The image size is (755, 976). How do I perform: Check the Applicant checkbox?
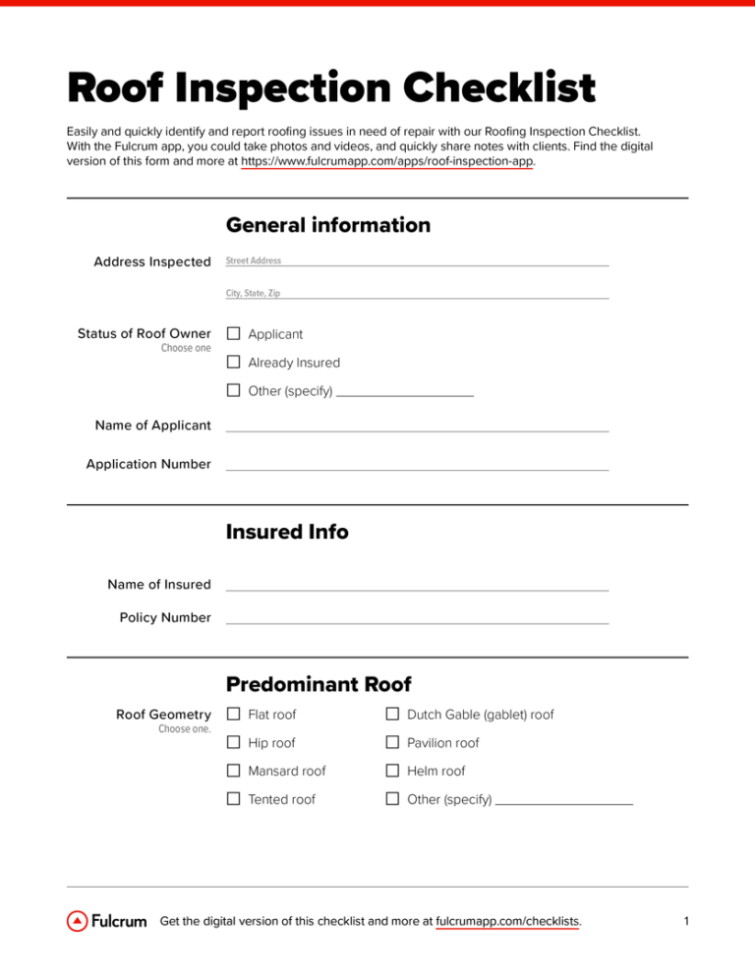coord(234,334)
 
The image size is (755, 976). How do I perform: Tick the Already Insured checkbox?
coord(234,363)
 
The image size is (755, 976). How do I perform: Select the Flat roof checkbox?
coord(234,715)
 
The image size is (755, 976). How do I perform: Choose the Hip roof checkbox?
coord(234,743)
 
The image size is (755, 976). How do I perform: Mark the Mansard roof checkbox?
coord(234,772)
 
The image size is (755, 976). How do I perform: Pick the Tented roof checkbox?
coord(234,799)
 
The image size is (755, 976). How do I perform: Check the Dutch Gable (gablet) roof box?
coord(391,715)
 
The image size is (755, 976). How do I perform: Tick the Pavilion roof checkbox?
coord(391,743)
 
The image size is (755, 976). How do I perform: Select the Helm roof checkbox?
coord(391,772)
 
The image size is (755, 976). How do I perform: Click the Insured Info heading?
coord(287,532)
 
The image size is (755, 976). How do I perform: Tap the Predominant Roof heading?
coord(319,683)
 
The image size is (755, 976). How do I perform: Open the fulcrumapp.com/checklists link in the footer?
coord(507,922)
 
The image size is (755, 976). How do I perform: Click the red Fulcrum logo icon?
coord(77,922)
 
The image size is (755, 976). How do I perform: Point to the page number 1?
coord(685,922)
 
